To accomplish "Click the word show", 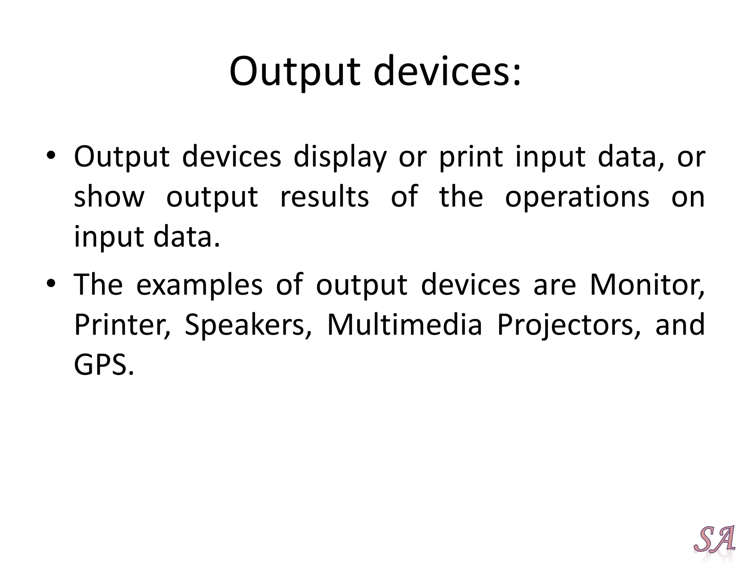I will (109, 197).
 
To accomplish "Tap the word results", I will (324, 197).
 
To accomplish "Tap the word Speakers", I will (248, 325).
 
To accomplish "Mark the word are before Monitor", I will (554, 286).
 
